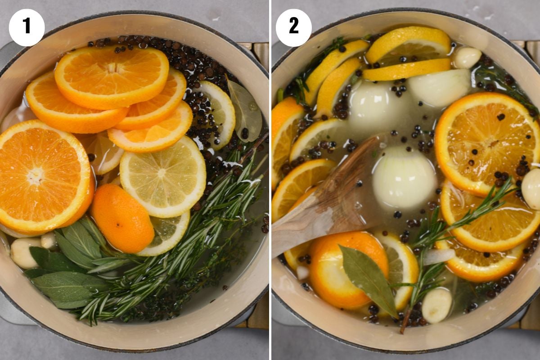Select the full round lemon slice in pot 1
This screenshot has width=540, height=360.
(163, 176)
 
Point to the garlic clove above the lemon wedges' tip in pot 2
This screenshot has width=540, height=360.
(467, 57)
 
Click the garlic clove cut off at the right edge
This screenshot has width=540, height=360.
(532, 188)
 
